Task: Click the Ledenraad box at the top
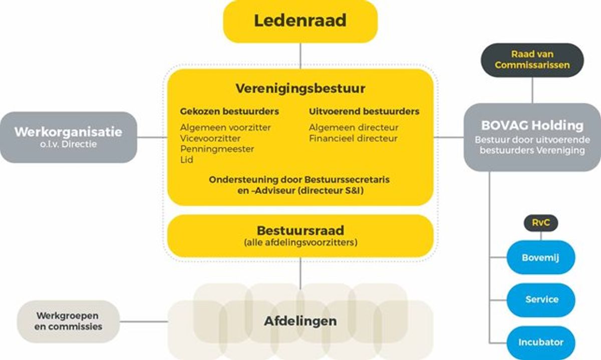[x=300, y=21]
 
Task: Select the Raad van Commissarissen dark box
[x=532, y=60]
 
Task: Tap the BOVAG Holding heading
[x=532, y=125]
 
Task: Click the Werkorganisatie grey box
[x=68, y=137]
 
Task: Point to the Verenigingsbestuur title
[x=300, y=89]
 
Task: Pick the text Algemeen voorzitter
[x=225, y=127]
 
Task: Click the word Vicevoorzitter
[x=210, y=138]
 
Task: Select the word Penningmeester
[x=217, y=149]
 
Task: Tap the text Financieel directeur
[x=353, y=138]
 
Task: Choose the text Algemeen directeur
[x=354, y=127]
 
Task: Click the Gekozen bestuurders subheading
[x=229, y=111]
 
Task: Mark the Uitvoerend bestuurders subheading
[x=364, y=111]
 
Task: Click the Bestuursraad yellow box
[x=300, y=236]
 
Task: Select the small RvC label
[x=540, y=223]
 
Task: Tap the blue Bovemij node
[x=540, y=257]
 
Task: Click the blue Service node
[x=541, y=299]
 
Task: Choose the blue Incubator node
[x=541, y=342]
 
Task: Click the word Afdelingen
[x=300, y=321]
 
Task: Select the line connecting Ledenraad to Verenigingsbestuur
[x=300, y=55]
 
